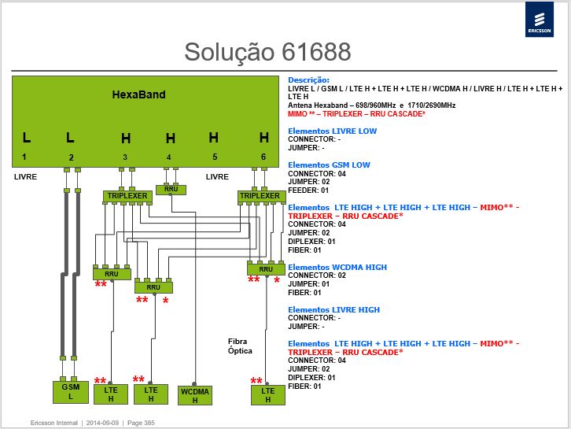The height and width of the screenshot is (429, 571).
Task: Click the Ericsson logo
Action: click(x=540, y=20)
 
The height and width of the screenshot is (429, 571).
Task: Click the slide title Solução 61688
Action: click(x=267, y=51)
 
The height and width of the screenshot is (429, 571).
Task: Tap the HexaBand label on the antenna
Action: click(x=138, y=94)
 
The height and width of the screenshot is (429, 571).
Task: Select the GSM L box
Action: click(x=71, y=392)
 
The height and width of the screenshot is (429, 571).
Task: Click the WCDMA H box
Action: click(x=195, y=395)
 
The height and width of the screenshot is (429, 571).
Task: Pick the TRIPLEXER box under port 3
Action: click(x=127, y=196)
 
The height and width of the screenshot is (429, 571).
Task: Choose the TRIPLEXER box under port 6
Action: click(x=260, y=196)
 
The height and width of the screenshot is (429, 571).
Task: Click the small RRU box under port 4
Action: click(x=171, y=190)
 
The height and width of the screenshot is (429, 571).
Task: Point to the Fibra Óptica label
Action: click(x=240, y=346)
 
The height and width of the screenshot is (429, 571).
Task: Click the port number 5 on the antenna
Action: click(x=215, y=157)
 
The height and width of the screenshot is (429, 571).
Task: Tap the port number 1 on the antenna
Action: click(x=24, y=157)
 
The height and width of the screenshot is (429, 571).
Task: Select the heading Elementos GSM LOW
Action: click(x=329, y=165)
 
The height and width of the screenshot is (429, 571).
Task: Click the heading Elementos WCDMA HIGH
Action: click(x=337, y=267)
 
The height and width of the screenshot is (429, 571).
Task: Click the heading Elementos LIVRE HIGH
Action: click(x=334, y=310)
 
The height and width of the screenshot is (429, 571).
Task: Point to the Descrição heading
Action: click(x=308, y=80)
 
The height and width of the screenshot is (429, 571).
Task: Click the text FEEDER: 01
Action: click(x=308, y=190)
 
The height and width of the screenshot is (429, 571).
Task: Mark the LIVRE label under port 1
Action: click(x=25, y=177)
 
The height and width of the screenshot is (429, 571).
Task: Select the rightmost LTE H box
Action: click(x=268, y=394)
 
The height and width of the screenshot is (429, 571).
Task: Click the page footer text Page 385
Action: click(x=141, y=423)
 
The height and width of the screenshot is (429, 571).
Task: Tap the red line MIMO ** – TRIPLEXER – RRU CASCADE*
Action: click(x=356, y=114)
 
